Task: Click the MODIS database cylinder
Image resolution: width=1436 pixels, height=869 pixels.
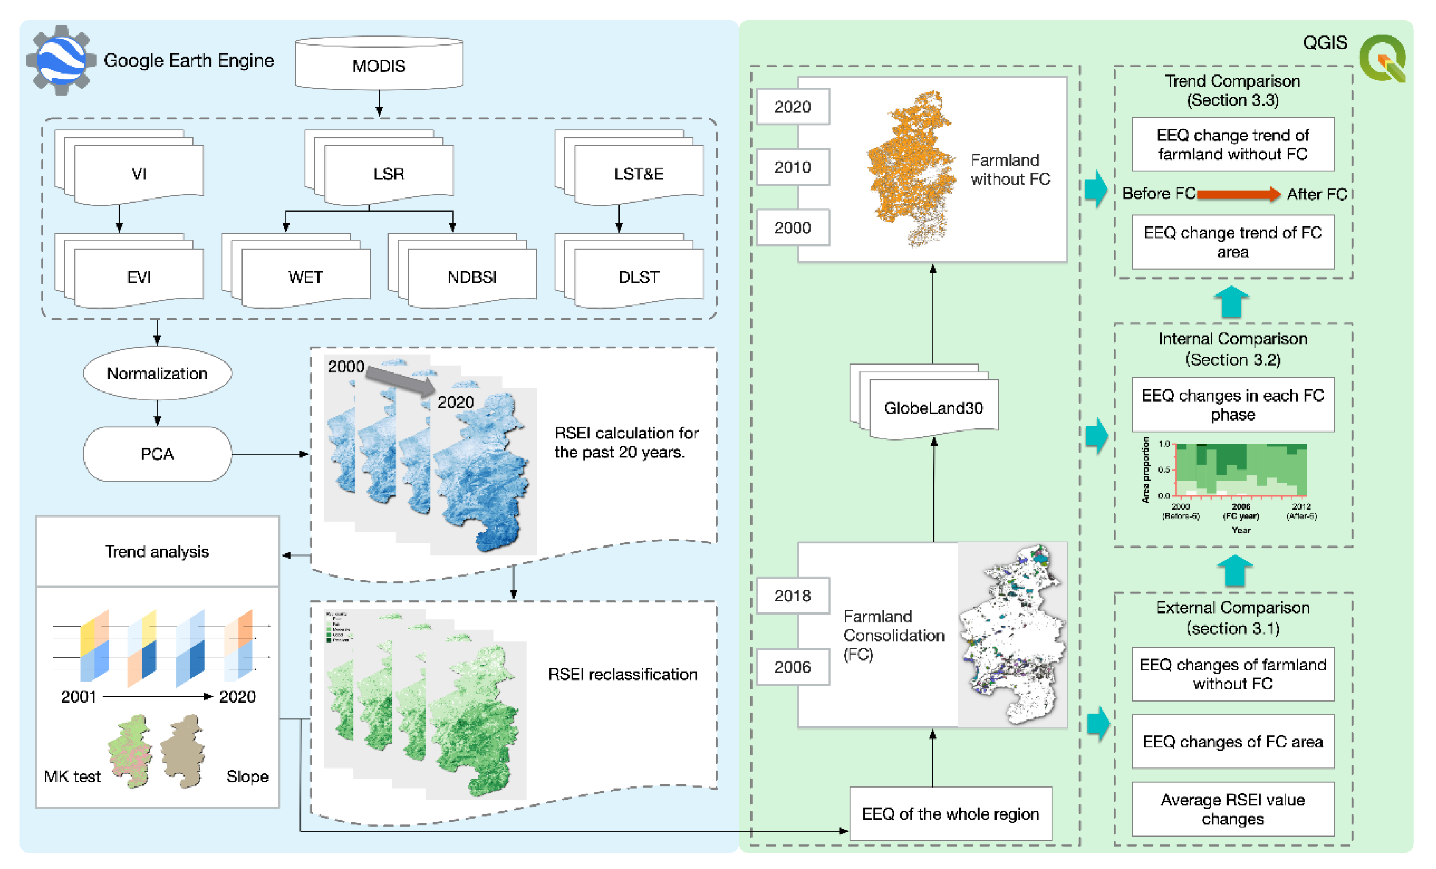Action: (x=379, y=64)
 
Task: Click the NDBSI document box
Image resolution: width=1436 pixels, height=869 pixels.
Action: (x=472, y=276)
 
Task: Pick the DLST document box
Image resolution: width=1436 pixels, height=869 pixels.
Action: (x=639, y=276)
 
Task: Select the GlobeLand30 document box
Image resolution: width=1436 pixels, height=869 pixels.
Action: (x=933, y=407)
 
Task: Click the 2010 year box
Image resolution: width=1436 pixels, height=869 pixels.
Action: (x=792, y=167)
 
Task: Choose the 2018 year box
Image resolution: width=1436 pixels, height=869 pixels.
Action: (x=792, y=595)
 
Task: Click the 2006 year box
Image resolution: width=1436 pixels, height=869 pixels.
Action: (x=792, y=666)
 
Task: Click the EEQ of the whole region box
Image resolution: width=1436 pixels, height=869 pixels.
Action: (x=950, y=813)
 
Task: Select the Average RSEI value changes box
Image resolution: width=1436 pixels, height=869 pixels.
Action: (x=1232, y=809)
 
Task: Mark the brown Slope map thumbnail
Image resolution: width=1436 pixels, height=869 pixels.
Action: (x=183, y=751)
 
